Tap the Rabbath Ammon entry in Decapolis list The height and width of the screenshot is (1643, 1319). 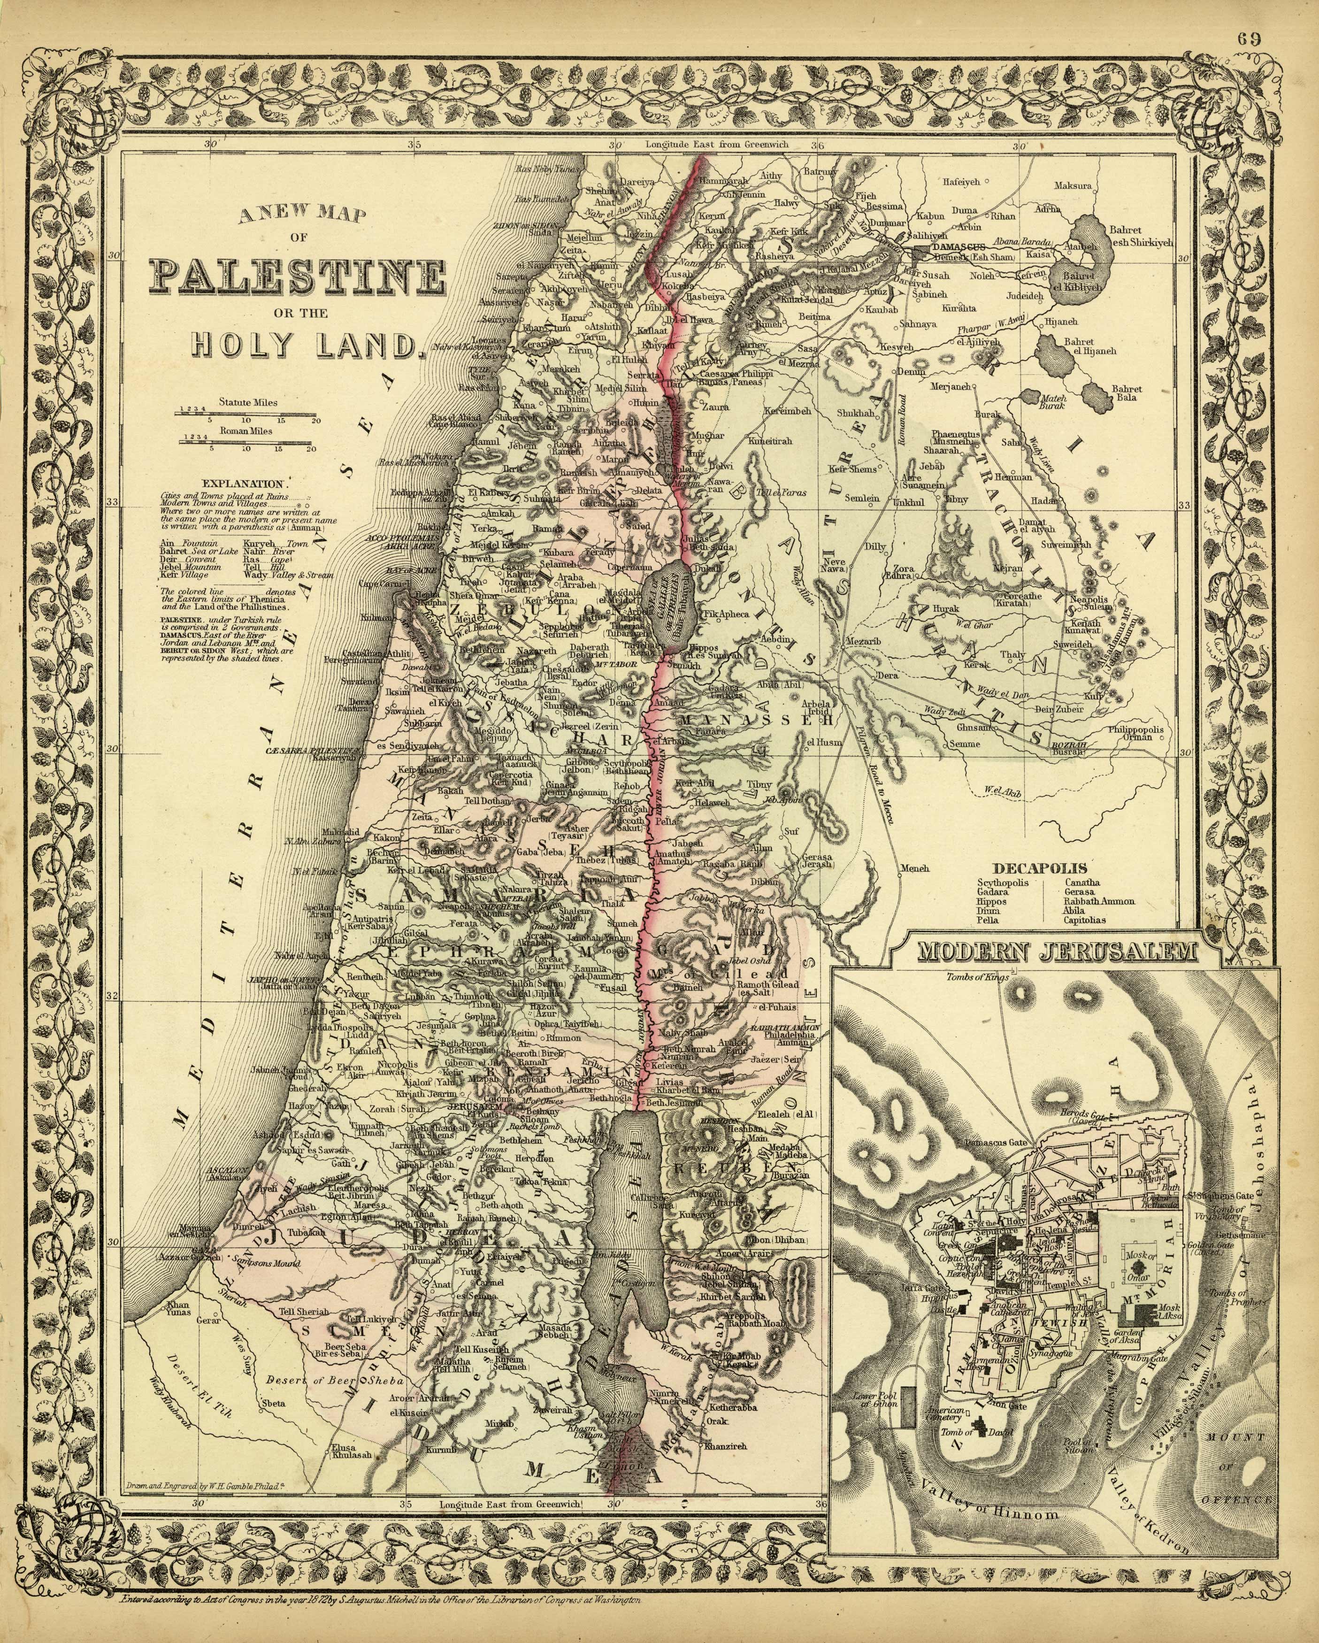point(1099,901)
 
